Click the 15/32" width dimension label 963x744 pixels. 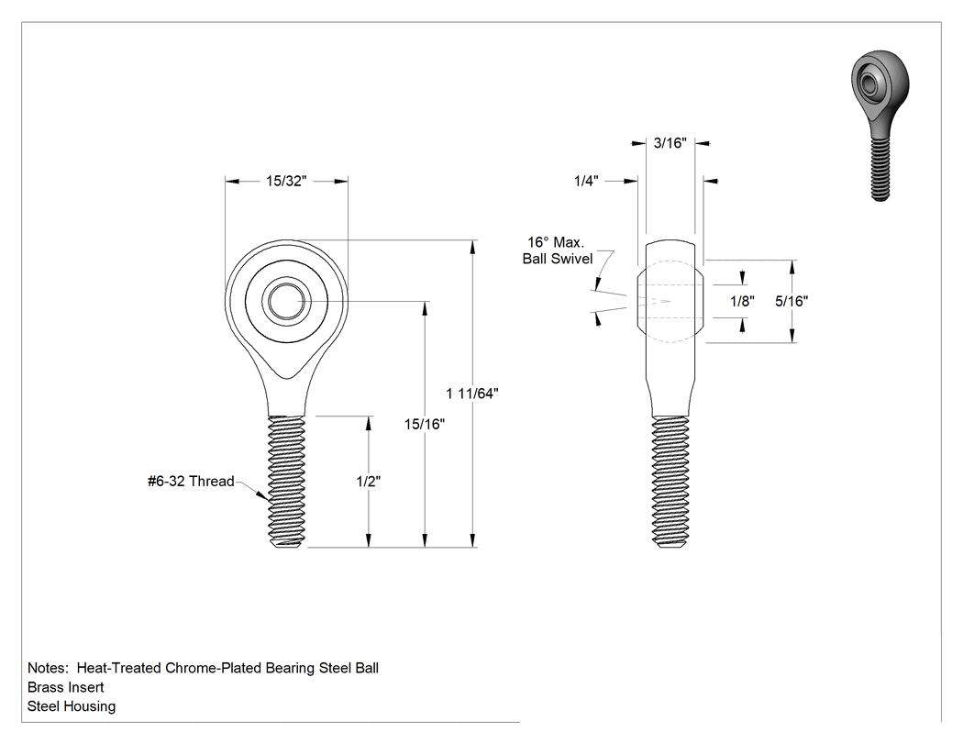point(285,181)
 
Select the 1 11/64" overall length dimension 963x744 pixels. point(472,394)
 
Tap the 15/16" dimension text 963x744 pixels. point(425,424)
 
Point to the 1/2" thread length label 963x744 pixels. point(369,481)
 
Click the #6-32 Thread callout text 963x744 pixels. point(191,481)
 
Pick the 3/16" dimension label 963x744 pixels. point(670,143)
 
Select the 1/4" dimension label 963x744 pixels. point(586,181)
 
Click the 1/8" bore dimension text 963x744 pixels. point(742,301)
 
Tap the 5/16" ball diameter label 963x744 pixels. point(791,301)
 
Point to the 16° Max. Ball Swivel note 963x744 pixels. point(558,250)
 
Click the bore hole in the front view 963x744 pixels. point(286,301)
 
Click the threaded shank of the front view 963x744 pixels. point(287,481)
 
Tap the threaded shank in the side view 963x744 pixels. point(670,481)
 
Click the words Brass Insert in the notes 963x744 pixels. point(66,687)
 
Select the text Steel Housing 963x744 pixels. point(72,705)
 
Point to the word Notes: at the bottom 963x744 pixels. point(48,668)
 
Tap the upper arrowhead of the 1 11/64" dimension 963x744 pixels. point(472,247)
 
